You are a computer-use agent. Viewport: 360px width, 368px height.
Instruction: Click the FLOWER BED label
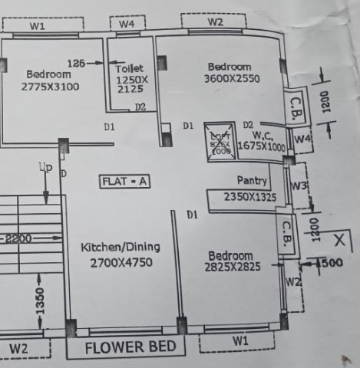(135, 347)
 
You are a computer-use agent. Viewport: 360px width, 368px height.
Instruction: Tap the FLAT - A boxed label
(124, 182)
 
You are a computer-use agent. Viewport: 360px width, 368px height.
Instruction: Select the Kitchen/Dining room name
(121, 247)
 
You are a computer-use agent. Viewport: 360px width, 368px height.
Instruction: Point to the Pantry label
(252, 182)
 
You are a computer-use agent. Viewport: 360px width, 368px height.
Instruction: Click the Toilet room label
(129, 68)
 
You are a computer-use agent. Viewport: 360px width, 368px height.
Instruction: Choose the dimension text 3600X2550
(232, 78)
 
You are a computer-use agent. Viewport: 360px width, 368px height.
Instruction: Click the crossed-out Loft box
(220, 143)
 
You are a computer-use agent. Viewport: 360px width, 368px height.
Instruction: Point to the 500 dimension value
(332, 263)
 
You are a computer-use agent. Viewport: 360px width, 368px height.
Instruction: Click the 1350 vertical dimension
(41, 301)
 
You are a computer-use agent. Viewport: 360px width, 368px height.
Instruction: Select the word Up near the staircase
(45, 167)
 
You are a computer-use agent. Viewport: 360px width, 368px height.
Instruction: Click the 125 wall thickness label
(76, 62)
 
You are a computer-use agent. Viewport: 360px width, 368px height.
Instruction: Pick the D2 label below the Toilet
(140, 107)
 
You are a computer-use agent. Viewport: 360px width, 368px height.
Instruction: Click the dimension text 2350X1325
(249, 197)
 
